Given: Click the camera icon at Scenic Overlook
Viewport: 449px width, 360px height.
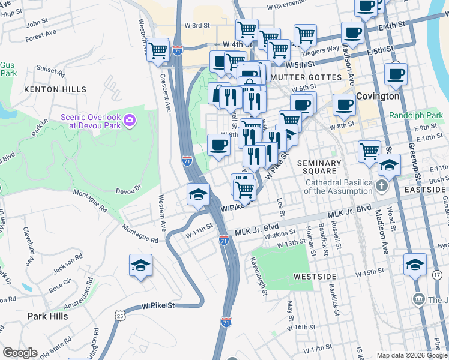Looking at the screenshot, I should [x=129, y=122].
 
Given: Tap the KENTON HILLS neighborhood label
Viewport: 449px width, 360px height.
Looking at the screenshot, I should [x=50, y=89].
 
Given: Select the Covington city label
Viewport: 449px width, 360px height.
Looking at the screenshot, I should [x=378, y=96].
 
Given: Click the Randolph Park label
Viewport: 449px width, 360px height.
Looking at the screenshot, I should [x=415, y=115].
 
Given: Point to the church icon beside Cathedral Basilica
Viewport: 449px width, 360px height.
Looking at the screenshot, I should [x=381, y=185].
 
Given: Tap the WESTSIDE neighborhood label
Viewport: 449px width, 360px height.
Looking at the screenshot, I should [x=315, y=276].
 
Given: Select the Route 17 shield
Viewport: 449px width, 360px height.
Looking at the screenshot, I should [x=436, y=274].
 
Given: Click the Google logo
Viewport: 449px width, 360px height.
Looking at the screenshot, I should [x=19, y=352].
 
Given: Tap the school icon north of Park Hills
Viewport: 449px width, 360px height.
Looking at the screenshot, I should [x=140, y=265].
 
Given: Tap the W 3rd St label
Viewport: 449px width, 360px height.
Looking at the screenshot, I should [x=197, y=26].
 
